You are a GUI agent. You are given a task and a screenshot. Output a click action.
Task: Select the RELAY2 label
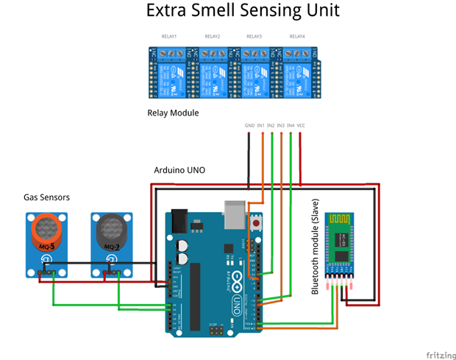[212, 36]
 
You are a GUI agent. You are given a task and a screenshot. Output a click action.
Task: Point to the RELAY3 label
[254, 36]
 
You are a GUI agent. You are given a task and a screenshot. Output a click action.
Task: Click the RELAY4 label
[296, 36]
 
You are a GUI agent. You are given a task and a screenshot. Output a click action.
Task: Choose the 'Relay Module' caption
[174, 113]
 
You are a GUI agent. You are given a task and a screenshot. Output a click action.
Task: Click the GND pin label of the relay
[250, 126]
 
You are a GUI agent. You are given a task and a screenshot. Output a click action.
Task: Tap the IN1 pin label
[261, 126]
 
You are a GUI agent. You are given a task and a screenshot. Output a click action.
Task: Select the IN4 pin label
[291, 126]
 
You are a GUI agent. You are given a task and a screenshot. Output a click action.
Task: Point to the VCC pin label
[302, 126]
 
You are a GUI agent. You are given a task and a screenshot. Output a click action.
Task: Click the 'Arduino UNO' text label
[179, 170]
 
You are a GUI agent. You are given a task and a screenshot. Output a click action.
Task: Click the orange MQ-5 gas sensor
[46, 233]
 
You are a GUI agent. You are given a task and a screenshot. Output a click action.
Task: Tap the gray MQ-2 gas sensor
[112, 233]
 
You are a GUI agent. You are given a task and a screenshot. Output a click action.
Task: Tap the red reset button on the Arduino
[256, 222]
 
